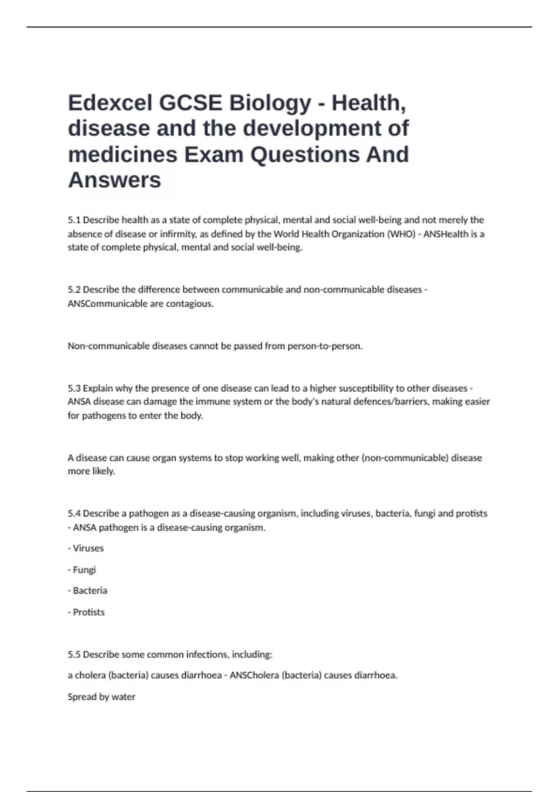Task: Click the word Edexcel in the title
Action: click(x=110, y=103)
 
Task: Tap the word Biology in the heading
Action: click(x=270, y=103)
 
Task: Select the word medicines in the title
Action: click(x=123, y=155)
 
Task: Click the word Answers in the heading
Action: click(x=115, y=180)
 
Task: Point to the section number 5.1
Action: click(x=74, y=220)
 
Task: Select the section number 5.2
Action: click(x=74, y=290)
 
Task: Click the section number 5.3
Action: click(x=74, y=388)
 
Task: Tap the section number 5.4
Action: click(x=74, y=513)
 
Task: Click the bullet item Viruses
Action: click(x=88, y=548)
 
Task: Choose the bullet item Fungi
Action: click(x=84, y=570)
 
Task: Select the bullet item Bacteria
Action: click(x=90, y=591)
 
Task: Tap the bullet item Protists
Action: click(x=89, y=612)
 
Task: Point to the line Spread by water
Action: click(x=102, y=697)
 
